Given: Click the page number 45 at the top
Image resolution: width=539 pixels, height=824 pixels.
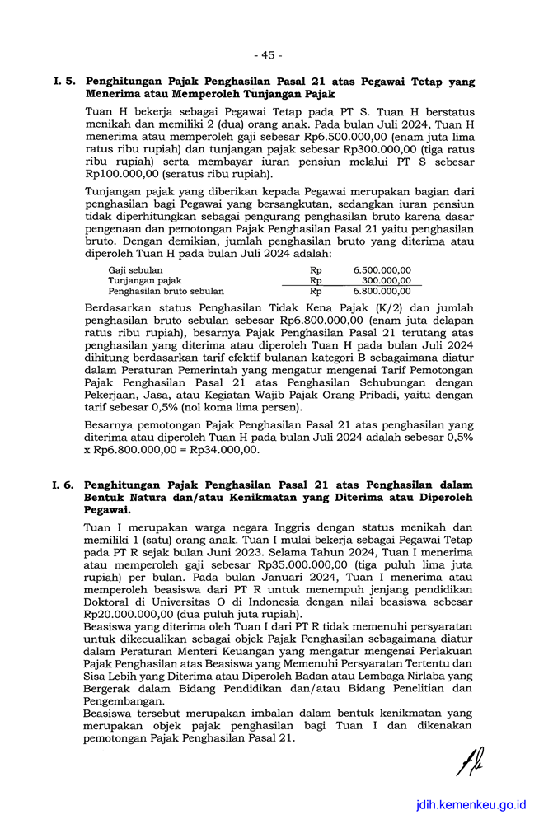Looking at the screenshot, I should coord(269,55).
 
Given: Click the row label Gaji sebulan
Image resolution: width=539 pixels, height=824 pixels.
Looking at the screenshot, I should coord(135,270).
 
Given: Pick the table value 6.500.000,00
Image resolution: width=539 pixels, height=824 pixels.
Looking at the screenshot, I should coord(382,270).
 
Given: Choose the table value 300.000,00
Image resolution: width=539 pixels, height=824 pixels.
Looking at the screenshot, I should coord(387,281).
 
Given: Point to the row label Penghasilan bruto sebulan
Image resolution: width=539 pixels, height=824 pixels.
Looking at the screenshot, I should coord(166,291).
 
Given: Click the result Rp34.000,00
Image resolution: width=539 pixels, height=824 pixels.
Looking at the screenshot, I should coord(224,450).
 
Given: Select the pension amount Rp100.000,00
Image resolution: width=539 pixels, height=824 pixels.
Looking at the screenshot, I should coord(124,175).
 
